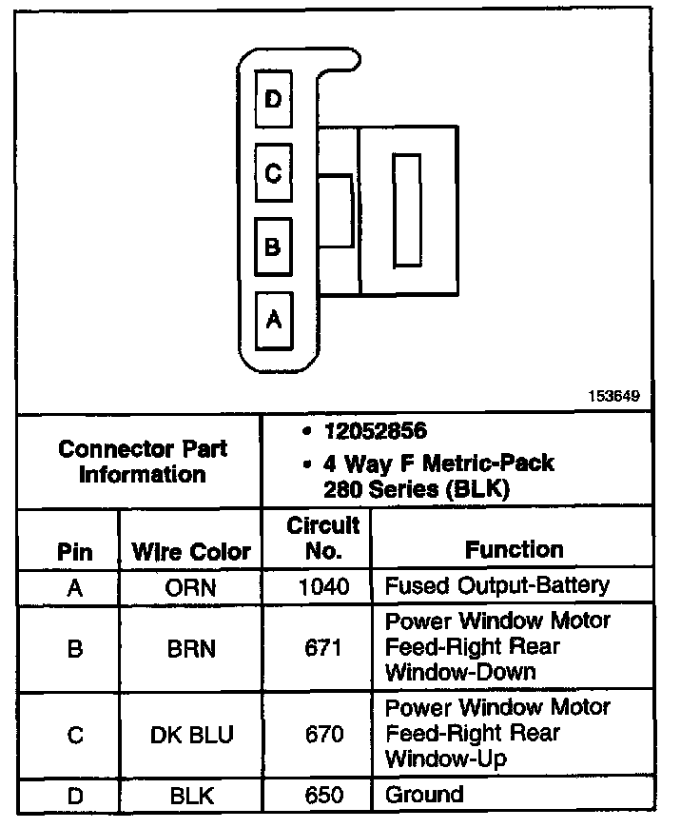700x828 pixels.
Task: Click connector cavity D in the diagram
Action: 273,99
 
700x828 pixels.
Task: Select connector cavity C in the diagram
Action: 273,173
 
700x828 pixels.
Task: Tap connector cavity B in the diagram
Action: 273,247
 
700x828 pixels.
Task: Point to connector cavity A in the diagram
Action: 273,320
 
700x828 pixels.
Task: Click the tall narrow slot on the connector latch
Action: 407,211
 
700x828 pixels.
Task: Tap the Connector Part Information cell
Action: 142,461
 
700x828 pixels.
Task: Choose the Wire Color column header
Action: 191,551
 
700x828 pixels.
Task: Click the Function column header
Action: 514,549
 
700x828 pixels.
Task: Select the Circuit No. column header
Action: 322,538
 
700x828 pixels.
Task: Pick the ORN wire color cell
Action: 191,587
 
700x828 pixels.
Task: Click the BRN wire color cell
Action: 191,649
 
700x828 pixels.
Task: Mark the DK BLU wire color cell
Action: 191,736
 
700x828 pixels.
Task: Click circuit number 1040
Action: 323,587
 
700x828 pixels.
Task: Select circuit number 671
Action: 323,649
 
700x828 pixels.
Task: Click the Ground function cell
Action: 424,795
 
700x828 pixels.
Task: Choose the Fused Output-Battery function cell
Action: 496,585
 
